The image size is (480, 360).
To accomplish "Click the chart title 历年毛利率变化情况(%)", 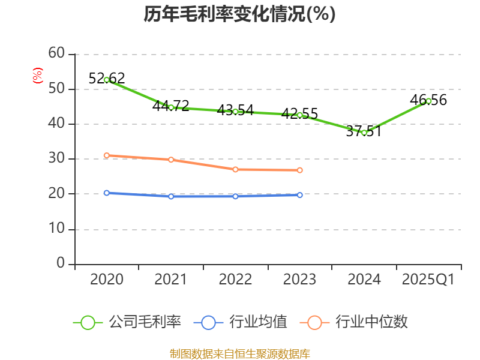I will coord(239,14).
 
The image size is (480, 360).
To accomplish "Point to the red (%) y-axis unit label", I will coord(38,76).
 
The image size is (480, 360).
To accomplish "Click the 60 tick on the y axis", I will coord(56,54).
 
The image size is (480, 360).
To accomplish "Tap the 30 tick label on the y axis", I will coord(56,159).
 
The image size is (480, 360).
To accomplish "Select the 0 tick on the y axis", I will coord(61,264).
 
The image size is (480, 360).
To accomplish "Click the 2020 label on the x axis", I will coord(107,280).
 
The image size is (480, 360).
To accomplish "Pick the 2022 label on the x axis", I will coord(235,280).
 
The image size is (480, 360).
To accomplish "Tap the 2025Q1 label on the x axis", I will coord(428,280).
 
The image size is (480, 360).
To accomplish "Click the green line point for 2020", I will coord(107,80).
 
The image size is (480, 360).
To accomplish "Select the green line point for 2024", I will coord(364,133).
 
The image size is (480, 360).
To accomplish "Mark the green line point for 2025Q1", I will coord(428,101).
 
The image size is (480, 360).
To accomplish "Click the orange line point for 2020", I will coord(107,155).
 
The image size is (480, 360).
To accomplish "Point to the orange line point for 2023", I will coord(300,170).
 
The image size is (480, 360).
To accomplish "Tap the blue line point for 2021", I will coord(171,196).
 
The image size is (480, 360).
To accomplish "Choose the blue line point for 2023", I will coord(300,195).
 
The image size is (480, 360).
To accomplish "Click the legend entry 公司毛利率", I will coord(127,322).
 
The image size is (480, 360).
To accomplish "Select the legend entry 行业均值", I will coord(240,322).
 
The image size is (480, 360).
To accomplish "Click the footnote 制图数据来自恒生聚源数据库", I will coord(239,353).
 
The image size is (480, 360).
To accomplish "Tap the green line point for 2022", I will coord(235,112).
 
